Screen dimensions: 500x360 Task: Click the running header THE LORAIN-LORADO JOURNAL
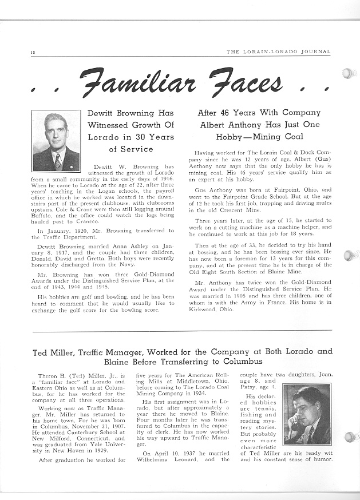click(x=278, y=51)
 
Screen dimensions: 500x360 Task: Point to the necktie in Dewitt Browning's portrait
click(x=58, y=161)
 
